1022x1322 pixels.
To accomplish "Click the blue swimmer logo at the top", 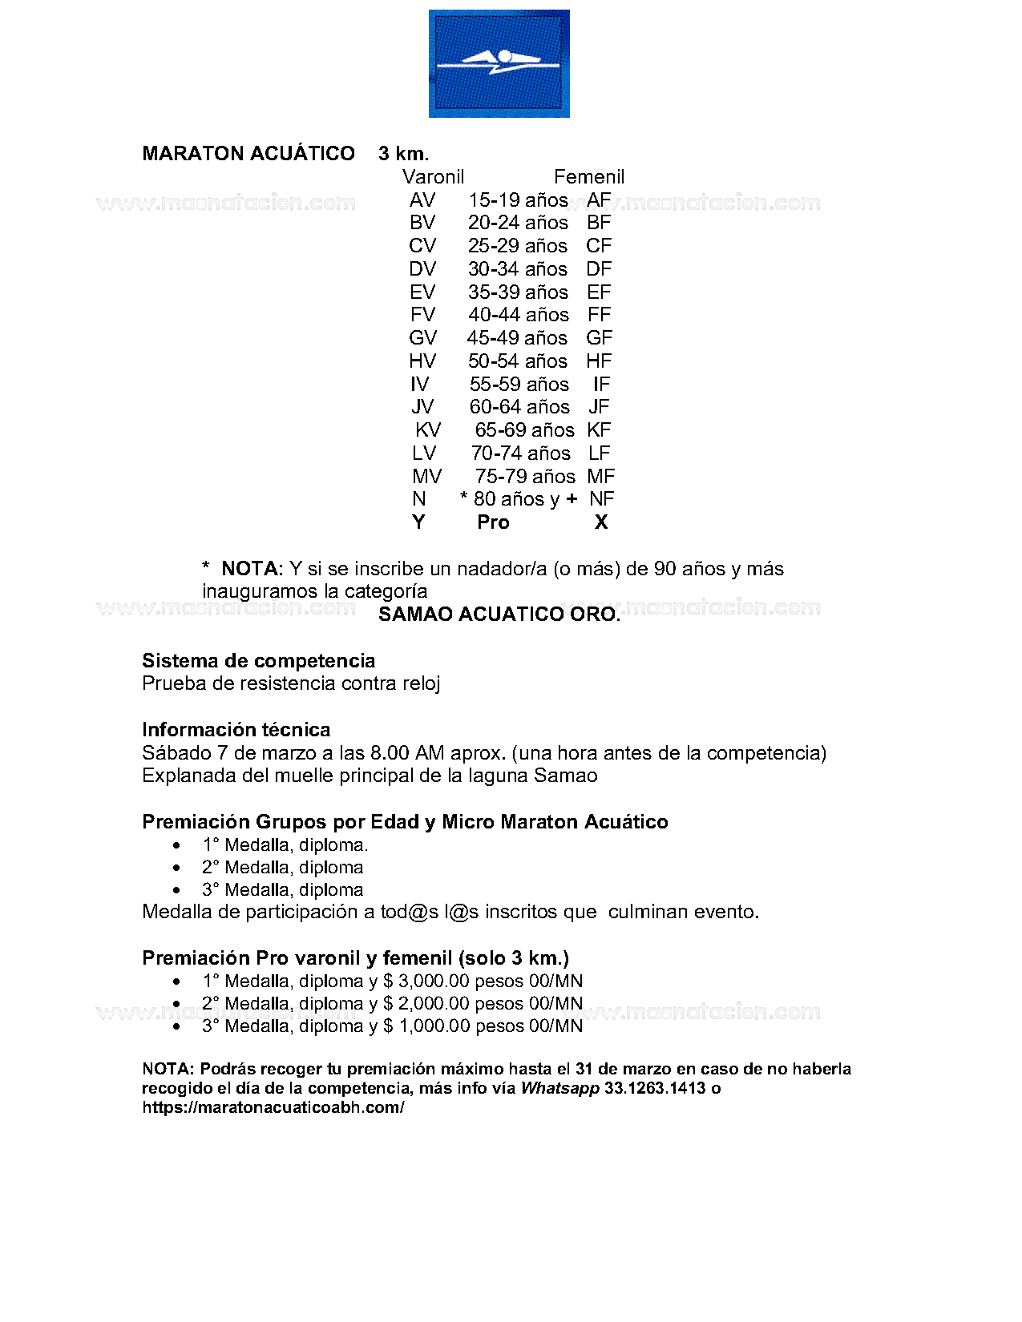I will [x=499, y=63].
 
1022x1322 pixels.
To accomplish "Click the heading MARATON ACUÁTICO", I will [x=248, y=154].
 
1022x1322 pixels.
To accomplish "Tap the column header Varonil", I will [x=433, y=177].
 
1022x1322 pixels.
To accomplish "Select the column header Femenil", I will [x=588, y=177].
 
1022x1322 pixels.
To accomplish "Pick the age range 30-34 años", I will [x=518, y=269].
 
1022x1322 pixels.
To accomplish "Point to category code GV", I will [x=422, y=338].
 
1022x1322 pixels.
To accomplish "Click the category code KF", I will [x=599, y=430].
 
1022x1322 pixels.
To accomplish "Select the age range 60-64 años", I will [x=519, y=407].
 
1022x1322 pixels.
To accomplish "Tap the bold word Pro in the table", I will [x=493, y=522].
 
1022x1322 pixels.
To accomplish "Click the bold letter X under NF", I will [x=601, y=522].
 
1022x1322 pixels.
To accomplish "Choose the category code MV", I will [x=426, y=477].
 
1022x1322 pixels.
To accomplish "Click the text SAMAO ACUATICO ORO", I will [x=499, y=615].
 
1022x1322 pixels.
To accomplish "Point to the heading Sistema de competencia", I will [x=258, y=661].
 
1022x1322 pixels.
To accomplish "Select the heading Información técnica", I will [x=236, y=730].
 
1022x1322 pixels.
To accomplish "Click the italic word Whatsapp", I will [x=559, y=1088].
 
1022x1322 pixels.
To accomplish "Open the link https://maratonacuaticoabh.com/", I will [x=273, y=1107].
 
